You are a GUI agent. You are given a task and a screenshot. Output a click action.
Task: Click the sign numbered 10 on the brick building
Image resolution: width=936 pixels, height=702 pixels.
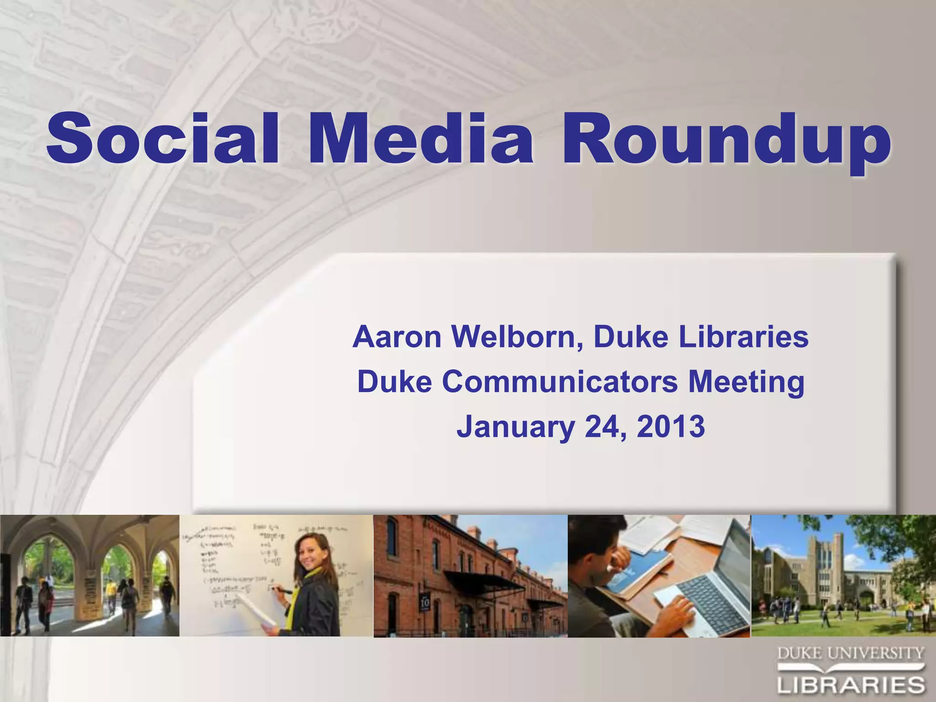point(425,602)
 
